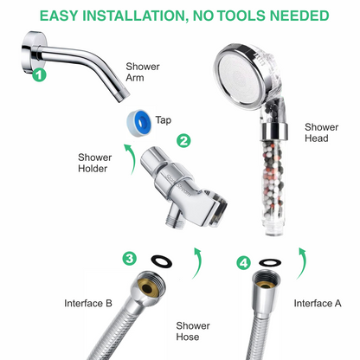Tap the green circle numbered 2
tap(183, 138)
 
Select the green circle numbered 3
tap(129, 257)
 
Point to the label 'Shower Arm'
tap(142, 72)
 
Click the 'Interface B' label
tap(87, 303)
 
